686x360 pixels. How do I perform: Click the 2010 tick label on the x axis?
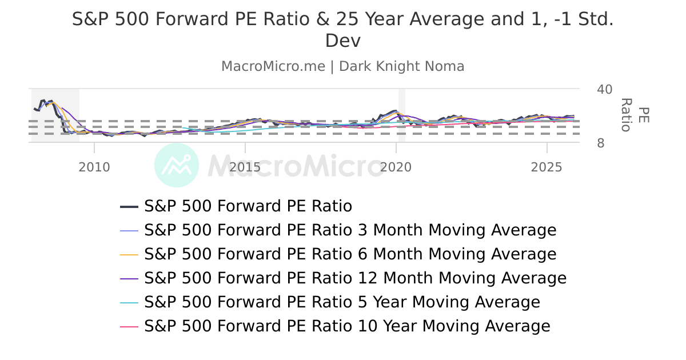[94, 167]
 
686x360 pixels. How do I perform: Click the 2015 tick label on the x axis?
[245, 167]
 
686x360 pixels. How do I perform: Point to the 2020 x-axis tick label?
[396, 167]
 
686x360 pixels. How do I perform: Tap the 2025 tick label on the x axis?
[547, 167]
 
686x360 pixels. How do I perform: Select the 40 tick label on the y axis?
[604, 90]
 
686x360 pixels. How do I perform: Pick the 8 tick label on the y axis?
[601, 143]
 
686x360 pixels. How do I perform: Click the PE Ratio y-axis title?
[635, 115]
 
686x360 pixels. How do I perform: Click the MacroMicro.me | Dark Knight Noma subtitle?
[343, 66]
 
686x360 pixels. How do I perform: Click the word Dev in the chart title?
[343, 41]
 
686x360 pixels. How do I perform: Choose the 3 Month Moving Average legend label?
[350, 230]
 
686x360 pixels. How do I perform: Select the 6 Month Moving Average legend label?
[350, 254]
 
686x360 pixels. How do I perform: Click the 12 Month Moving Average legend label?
[355, 278]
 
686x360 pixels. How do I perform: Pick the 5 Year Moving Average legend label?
[342, 302]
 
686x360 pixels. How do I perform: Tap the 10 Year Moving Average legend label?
[347, 326]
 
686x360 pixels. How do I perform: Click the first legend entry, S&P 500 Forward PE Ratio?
[248, 206]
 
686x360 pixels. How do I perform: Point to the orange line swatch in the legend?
[130, 254]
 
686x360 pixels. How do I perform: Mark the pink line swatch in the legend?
[130, 326]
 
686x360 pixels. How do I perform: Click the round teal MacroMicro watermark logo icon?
[177, 165]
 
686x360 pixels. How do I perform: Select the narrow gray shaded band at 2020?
[402, 115]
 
